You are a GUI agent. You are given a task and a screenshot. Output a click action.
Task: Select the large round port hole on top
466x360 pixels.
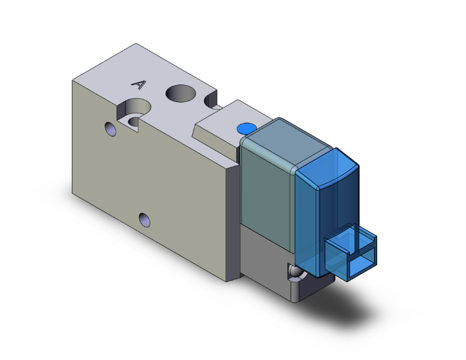click(180, 95)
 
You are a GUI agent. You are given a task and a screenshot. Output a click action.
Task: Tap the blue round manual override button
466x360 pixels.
click(245, 130)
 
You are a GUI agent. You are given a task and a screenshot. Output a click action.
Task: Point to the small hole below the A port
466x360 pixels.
click(111, 130)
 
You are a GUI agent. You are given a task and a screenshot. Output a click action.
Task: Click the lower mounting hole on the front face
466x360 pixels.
click(145, 220)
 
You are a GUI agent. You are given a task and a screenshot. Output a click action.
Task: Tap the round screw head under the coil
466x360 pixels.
click(294, 272)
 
